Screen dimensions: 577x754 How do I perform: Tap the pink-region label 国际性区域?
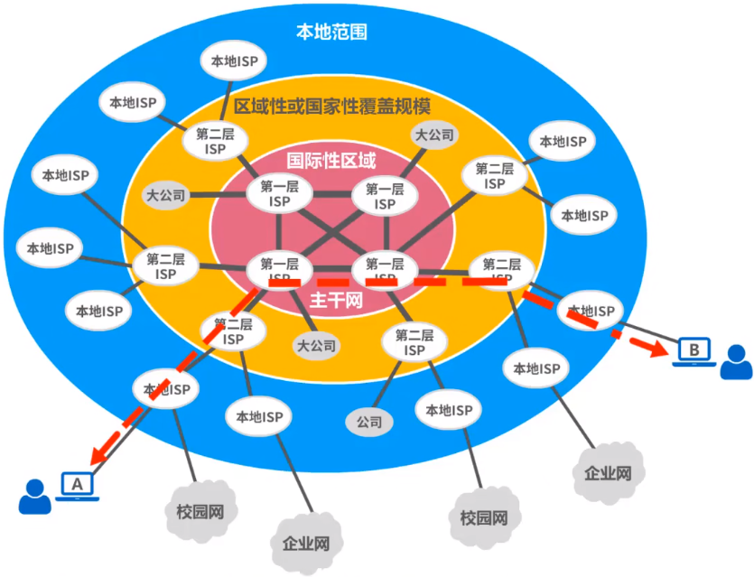tap(331, 161)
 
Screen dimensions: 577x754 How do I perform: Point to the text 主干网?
tap(335, 300)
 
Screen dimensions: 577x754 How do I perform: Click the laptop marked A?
tap(78, 486)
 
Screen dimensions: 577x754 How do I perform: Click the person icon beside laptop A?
tap(35, 497)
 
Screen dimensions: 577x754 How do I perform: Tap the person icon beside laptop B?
tap(736, 363)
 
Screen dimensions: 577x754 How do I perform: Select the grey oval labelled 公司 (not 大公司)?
tap(368, 421)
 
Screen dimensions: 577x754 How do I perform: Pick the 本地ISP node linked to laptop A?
tap(166, 389)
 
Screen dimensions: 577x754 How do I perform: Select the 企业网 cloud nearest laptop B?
tap(607, 472)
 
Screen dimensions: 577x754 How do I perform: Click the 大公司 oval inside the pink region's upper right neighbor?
tap(434, 135)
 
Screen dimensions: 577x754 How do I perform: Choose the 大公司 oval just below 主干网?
tap(316, 345)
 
